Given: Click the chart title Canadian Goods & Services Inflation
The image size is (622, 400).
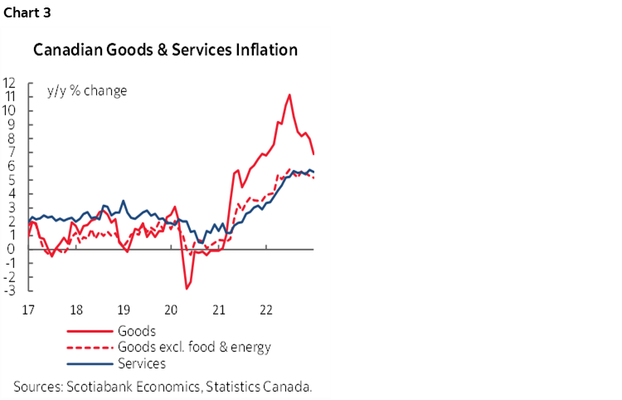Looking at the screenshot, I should (165, 51).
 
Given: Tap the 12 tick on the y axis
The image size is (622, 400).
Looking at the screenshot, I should (12, 83).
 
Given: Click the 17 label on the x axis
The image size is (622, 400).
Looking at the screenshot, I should (27, 310).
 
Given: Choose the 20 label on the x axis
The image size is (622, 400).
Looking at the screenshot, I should (171, 310).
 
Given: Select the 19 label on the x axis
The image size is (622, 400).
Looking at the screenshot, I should (123, 310).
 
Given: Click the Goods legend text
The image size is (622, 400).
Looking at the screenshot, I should (138, 331).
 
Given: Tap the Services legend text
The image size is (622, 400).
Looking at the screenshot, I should (143, 363).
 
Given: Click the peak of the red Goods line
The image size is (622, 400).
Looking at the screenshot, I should (289, 95).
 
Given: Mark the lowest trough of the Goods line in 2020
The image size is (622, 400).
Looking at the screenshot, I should (187, 289).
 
